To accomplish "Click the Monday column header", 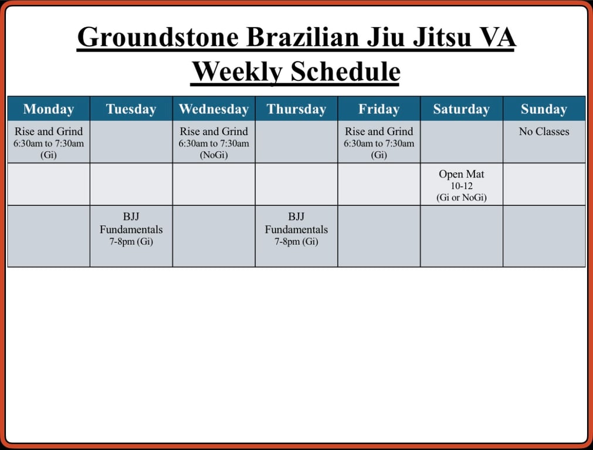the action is tap(49, 109).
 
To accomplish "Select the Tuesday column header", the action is tap(131, 109).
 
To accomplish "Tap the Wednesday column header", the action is tap(214, 109).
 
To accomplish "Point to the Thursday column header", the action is tap(297, 109).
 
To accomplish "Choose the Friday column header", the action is tap(379, 109).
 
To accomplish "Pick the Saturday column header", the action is tap(462, 109).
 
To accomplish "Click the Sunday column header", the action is tap(544, 109).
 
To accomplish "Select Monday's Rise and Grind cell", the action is tap(49, 142).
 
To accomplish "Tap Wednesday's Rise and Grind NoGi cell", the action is tap(214, 142).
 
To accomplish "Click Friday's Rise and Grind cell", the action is tap(379, 142).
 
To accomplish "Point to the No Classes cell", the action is tap(544, 142).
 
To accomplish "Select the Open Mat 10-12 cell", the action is tap(462, 185).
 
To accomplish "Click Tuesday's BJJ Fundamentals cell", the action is tap(131, 236).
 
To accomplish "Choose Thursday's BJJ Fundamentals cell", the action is tap(297, 236).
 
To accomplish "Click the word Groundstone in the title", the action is tap(158, 37).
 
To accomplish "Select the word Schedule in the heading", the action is tap(345, 71).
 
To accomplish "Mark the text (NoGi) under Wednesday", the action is tap(214, 155).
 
